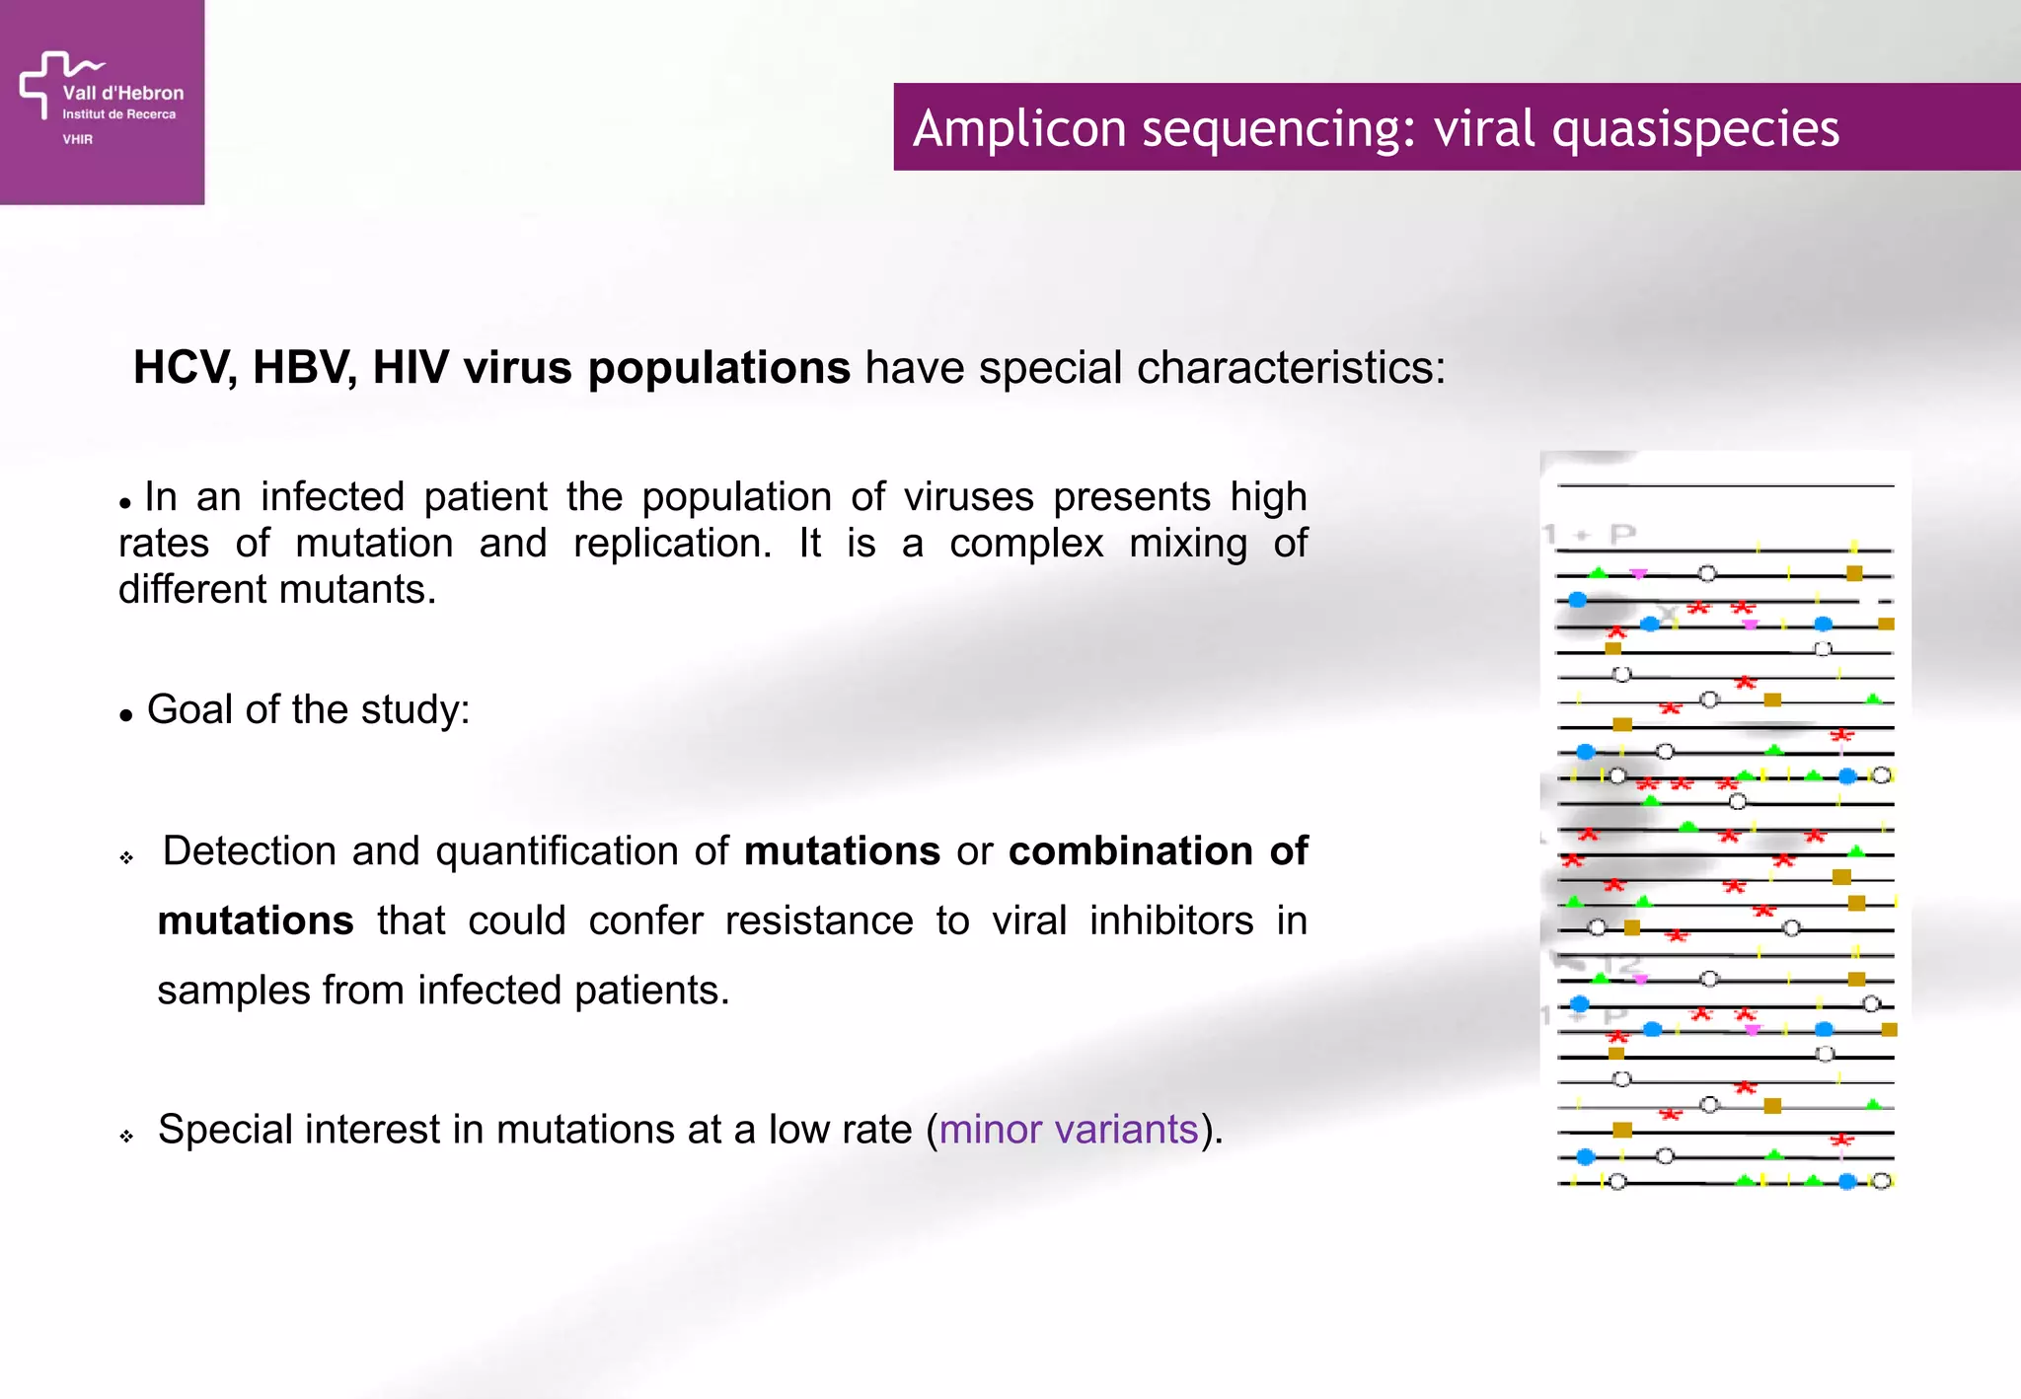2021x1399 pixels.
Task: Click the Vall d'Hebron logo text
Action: (x=122, y=93)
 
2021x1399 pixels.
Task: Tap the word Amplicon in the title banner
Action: (x=1018, y=128)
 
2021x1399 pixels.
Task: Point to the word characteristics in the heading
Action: (x=1290, y=368)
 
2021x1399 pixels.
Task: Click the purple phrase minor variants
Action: (x=1068, y=1129)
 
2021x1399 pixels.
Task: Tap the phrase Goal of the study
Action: (x=308, y=709)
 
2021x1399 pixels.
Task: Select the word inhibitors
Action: (x=1171, y=920)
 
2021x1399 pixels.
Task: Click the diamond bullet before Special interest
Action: (x=126, y=1137)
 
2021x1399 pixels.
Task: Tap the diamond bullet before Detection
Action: (x=126, y=857)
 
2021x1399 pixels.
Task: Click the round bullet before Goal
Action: (x=125, y=716)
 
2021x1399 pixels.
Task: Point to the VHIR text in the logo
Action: (x=78, y=139)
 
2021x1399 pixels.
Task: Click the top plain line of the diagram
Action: (x=1725, y=485)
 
